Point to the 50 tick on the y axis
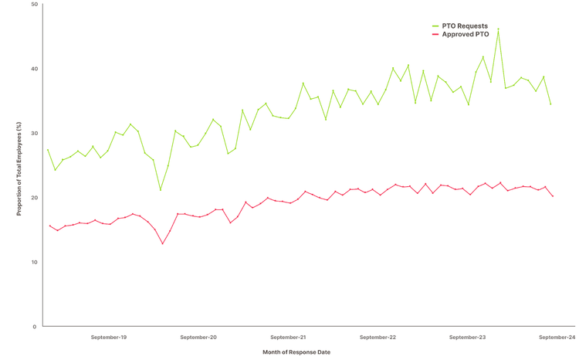point(34,5)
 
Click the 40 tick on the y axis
point(34,69)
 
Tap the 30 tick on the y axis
point(34,133)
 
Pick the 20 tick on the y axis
point(34,198)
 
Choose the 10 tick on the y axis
point(34,262)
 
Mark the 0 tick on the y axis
point(36,326)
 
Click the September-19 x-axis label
point(109,338)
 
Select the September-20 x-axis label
point(198,338)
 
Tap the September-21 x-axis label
point(288,338)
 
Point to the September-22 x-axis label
point(378,338)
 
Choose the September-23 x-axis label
point(467,338)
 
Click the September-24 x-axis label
point(557,338)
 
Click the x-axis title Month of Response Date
point(296,352)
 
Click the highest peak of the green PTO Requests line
point(499,29)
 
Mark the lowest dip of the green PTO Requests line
point(161,190)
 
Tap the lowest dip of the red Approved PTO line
point(162,244)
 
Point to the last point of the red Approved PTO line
point(553,196)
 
